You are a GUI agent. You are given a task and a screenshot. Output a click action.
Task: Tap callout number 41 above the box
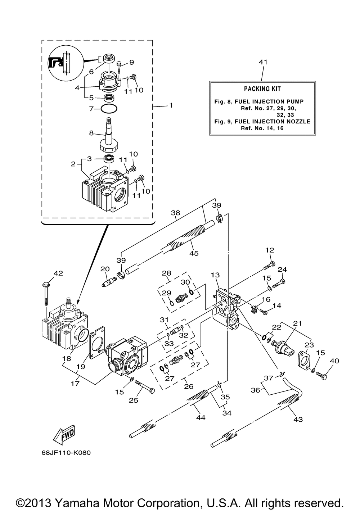(x=263, y=62)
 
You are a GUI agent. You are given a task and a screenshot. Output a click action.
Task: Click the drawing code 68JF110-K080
(x=66, y=452)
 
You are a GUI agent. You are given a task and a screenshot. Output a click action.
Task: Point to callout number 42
(x=58, y=273)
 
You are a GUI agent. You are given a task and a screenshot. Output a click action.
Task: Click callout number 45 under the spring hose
(x=194, y=253)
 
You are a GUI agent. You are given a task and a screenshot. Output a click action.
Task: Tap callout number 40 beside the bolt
(x=334, y=361)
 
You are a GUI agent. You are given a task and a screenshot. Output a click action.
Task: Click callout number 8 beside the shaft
(x=91, y=133)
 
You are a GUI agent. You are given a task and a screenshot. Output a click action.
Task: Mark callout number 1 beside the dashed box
(x=171, y=105)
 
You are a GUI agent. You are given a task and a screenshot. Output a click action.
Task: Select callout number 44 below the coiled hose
(x=201, y=417)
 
